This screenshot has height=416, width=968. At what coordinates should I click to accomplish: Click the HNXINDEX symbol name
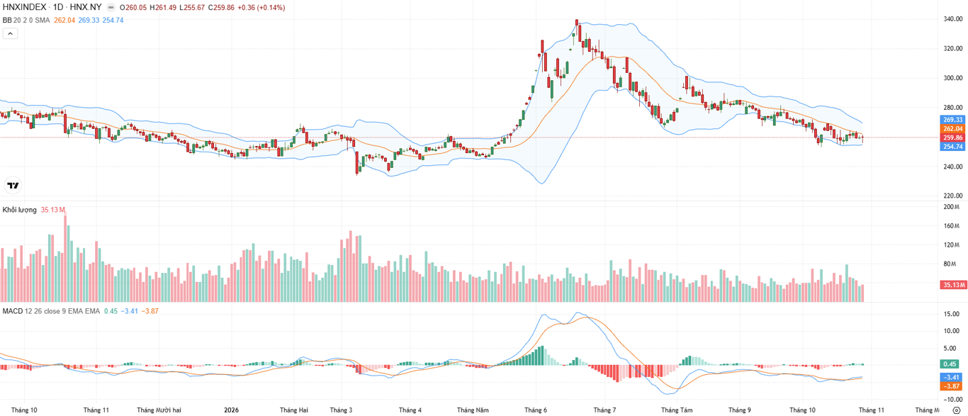24,7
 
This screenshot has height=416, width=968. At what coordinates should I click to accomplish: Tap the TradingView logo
13,185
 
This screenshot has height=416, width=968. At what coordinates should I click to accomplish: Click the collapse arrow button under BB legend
11,33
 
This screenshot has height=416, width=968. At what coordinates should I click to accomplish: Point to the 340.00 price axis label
953,19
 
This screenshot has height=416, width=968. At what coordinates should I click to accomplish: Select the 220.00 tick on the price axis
953,196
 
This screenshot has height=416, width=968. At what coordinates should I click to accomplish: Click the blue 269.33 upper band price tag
953,120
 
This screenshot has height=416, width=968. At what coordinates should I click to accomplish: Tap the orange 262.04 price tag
953,129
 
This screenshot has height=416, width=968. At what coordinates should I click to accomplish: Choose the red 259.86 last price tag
953,137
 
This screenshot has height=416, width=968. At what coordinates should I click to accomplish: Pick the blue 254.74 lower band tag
953,147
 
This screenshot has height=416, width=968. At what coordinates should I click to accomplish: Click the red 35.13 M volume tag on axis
953,285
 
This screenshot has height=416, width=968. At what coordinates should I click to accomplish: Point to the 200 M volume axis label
952,207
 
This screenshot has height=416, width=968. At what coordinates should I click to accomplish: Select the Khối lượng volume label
19,210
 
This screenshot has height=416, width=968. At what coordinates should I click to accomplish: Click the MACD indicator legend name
13,311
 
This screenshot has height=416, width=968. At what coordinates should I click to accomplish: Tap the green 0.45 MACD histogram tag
950,364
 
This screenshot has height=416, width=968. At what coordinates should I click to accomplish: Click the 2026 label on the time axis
231,410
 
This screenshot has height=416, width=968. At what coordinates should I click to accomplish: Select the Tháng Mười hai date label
159,410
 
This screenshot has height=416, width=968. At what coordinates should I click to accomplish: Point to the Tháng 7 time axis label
604,410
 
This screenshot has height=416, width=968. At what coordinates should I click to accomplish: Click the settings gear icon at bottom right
957,410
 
